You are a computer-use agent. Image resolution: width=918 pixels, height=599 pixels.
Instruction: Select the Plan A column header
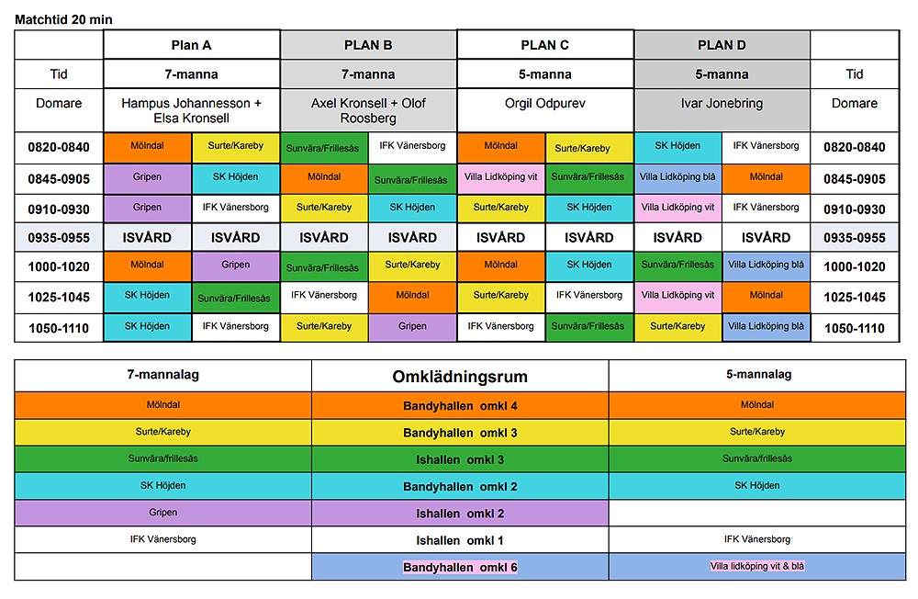(x=192, y=44)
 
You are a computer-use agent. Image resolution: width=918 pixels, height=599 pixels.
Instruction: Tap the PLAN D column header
(x=722, y=44)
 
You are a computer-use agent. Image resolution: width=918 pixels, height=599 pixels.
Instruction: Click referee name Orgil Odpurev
(x=544, y=104)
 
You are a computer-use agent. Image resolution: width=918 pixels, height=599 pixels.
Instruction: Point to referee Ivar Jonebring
(x=722, y=104)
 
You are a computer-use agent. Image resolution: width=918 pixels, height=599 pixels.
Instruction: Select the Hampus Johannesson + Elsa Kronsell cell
(x=192, y=110)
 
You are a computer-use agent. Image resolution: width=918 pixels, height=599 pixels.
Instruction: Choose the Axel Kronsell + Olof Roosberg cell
(x=368, y=110)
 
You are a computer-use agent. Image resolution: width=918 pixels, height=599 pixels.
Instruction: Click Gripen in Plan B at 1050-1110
(x=412, y=326)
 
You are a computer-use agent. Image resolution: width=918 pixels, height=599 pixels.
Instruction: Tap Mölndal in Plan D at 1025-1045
(x=766, y=296)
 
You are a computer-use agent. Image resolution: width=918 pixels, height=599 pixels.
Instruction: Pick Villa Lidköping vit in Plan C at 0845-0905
(x=500, y=177)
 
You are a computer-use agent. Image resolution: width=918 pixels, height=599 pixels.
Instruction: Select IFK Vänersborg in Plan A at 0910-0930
(x=236, y=208)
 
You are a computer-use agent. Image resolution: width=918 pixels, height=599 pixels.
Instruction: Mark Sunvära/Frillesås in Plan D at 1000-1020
(x=677, y=266)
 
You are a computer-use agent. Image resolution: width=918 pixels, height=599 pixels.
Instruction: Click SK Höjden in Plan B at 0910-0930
(x=412, y=208)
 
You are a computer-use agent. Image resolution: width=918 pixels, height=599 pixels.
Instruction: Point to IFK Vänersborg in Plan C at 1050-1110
(x=500, y=326)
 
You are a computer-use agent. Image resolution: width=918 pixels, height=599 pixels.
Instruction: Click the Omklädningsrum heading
(x=460, y=377)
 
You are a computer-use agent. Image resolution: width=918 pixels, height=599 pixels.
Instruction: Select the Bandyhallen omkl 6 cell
(x=460, y=567)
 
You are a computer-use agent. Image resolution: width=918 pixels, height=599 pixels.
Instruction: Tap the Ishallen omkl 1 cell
(x=460, y=540)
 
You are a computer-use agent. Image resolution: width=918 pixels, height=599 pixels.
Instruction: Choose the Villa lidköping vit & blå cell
(x=757, y=567)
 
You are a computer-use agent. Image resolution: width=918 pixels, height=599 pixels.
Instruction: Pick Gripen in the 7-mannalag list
(x=162, y=513)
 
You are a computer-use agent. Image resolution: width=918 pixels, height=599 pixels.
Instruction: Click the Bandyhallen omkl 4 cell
(x=460, y=405)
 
